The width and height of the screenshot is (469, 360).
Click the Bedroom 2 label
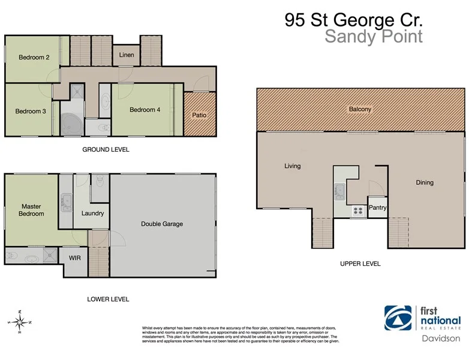(33, 58)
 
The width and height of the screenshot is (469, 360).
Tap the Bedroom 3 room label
(30, 111)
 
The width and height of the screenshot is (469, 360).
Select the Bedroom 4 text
(145, 109)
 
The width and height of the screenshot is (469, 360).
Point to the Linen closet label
(127, 56)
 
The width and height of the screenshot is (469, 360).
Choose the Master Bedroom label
(31, 209)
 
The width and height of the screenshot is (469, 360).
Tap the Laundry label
(92, 213)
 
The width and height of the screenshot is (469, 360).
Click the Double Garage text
(162, 224)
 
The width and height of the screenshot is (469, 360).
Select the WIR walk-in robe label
(75, 258)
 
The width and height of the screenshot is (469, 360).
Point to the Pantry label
(378, 208)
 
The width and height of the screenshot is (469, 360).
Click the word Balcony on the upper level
(360, 109)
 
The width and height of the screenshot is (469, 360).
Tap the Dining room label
(425, 182)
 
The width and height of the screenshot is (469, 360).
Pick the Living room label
(292, 166)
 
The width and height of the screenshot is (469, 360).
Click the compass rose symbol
(20, 322)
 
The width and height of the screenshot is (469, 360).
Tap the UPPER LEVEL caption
(360, 263)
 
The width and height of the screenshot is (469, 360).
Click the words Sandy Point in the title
(373, 37)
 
